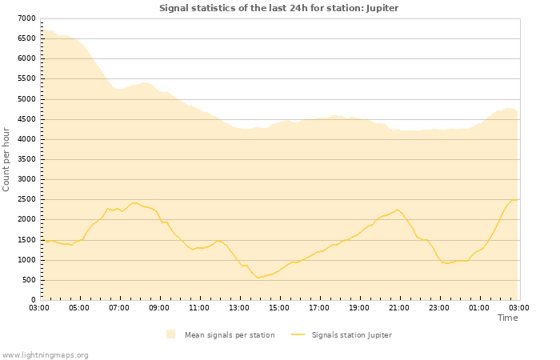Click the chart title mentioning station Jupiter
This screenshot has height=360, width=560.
[278, 8]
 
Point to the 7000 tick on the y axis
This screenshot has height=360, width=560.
[26, 18]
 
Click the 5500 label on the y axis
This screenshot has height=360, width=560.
[26, 79]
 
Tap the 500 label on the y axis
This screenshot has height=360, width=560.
[29, 280]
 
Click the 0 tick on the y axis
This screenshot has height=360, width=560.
[33, 300]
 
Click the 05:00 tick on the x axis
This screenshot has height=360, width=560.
[79, 307]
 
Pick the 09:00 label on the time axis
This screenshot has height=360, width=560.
[159, 307]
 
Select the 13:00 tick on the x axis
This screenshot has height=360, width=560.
[239, 307]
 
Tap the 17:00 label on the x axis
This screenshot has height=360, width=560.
[319, 307]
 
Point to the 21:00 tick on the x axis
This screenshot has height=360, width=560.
[399, 307]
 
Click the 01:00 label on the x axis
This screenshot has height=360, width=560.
[479, 307]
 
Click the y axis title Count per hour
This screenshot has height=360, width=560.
[7, 159]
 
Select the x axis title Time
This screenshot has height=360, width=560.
[507, 318]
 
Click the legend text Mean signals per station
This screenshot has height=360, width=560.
[230, 335]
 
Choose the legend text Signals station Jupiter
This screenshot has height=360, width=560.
[351, 335]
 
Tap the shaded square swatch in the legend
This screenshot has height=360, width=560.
[170, 334]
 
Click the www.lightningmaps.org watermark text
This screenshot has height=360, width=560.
[46, 354]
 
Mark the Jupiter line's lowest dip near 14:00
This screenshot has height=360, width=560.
[258, 278]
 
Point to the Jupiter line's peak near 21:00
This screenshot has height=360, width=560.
[397, 210]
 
